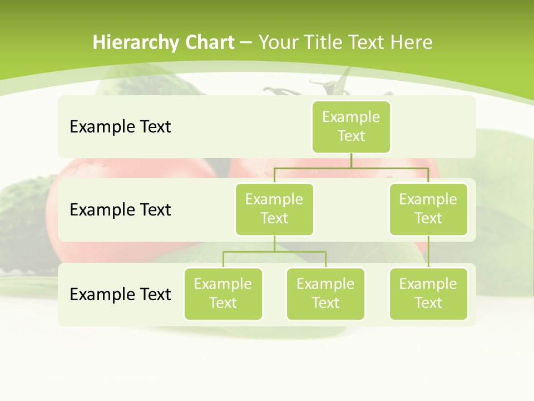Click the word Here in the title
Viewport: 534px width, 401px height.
[x=412, y=43]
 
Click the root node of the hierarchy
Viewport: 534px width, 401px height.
[x=351, y=126]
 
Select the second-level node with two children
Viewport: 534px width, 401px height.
[x=274, y=209]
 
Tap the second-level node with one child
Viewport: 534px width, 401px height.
[x=428, y=209]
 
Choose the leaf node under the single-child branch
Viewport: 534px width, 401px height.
[x=428, y=294]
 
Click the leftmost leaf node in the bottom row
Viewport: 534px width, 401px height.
[x=223, y=294]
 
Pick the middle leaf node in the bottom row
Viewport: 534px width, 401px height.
[x=325, y=294]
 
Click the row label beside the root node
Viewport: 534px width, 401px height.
[x=120, y=127]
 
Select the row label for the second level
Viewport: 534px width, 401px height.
[x=120, y=210]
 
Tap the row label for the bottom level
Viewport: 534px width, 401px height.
[x=120, y=294]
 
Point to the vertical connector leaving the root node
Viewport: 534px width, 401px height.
[x=351, y=160]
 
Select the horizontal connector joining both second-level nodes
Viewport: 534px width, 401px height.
[x=351, y=168]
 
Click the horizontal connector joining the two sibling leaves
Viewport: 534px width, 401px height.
[x=274, y=252]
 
